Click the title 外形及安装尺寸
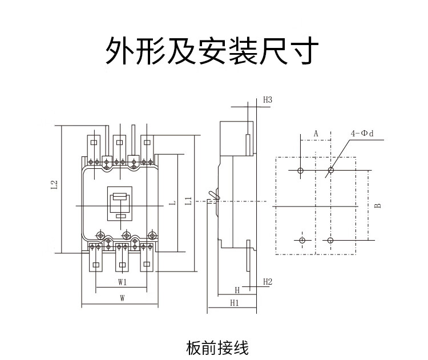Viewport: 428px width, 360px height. tap(212, 52)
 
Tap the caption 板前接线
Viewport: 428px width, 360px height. tap(217, 347)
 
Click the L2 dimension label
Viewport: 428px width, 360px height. tap(55, 185)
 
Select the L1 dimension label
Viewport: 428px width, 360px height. tap(189, 201)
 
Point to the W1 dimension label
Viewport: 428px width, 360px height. tap(122, 282)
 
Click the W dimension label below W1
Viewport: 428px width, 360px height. tap(122, 298)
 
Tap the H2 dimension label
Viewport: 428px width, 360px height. tap(268, 282)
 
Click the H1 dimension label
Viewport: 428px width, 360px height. tap(234, 302)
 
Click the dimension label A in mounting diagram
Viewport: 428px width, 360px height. tap(316, 134)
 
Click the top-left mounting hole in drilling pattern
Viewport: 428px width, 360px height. tap(301, 170)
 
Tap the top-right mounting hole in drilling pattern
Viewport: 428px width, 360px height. tap(331, 170)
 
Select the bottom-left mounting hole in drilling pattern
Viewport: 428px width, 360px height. tap(302, 239)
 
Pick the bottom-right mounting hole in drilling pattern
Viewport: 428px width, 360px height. tap(331, 240)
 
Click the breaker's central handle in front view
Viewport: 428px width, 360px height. tap(120, 203)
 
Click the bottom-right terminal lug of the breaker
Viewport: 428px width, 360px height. tap(147, 264)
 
